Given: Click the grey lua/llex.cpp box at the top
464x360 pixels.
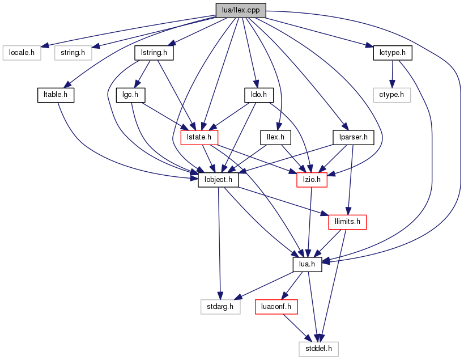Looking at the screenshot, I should coord(241,10).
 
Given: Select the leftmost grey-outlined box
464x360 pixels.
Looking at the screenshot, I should coord(22,53).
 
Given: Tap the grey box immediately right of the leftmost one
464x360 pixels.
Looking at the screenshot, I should coord(73,53).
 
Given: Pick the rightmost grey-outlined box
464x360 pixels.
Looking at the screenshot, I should coord(391,95).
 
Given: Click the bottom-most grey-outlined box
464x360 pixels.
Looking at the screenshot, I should coord(318,349).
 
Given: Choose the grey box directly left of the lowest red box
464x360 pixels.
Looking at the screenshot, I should coord(220,307).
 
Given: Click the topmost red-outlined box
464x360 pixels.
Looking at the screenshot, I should coord(199,137).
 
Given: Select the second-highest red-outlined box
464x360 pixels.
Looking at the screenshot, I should coord(312,180).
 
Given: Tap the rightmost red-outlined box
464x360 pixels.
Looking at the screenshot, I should coord(347,222).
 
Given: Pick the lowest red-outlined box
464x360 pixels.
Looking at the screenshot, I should coord(276,307).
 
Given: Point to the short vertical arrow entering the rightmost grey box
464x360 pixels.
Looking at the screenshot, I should coord(391,74).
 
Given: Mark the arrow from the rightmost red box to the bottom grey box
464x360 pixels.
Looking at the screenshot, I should coord(334,283).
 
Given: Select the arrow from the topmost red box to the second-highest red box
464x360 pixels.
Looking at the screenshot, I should coord(255,159).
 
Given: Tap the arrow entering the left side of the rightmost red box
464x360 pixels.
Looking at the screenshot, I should coord(283,201).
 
